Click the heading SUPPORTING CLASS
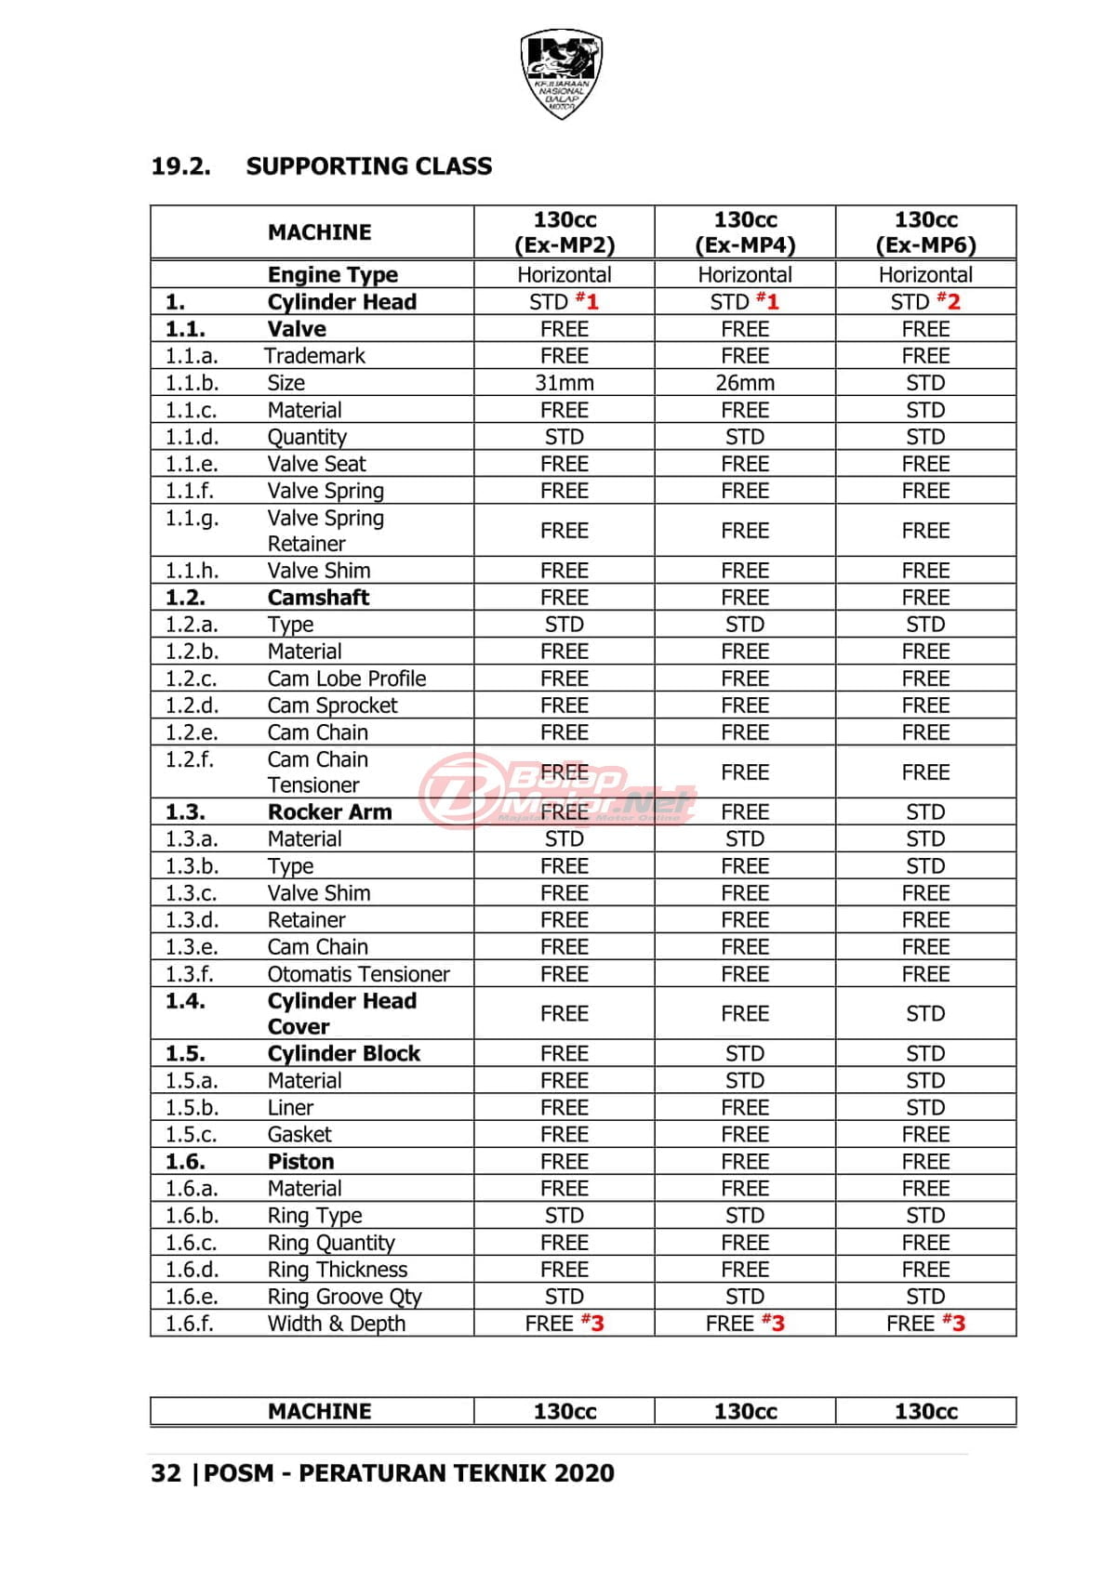point(368,166)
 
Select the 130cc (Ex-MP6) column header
point(925,231)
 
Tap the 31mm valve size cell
point(564,383)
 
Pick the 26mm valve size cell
point(745,383)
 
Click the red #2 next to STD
point(950,301)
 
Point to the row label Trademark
point(314,356)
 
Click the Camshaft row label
point(318,598)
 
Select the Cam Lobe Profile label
point(346,679)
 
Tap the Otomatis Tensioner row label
point(358,974)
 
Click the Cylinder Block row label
point(343,1053)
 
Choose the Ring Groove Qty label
point(344,1297)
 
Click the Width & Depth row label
point(336,1324)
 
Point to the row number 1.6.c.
point(191,1243)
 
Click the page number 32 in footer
point(166,1473)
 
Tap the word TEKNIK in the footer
point(490,1473)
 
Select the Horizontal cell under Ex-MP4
point(745,275)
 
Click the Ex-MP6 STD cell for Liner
point(925,1108)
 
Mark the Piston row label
point(300,1162)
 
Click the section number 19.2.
point(180,166)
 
